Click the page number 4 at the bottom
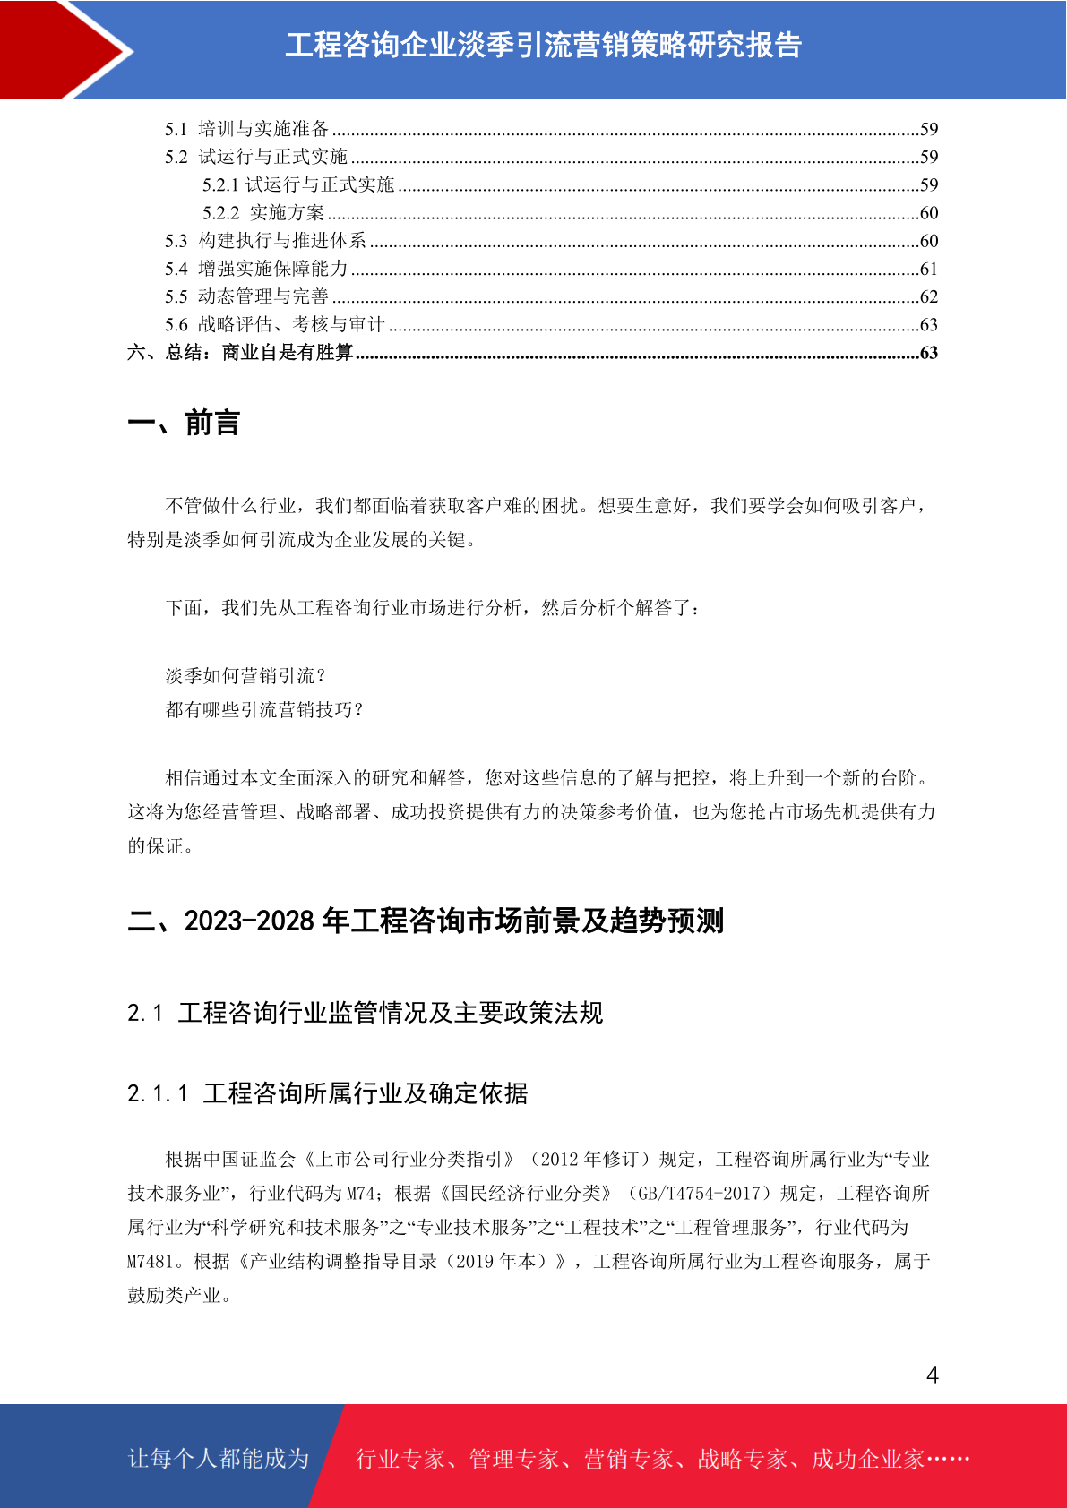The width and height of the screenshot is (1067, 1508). [x=932, y=1375]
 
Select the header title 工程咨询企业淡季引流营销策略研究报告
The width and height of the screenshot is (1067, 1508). [x=543, y=46]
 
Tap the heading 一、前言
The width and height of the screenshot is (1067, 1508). [x=184, y=423]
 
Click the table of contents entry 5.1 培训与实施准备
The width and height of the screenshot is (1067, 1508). [x=247, y=129]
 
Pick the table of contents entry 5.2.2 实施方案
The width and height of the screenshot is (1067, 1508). [x=263, y=213]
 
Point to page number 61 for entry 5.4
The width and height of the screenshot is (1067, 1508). [x=929, y=269]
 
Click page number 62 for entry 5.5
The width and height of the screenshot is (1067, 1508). [x=929, y=296]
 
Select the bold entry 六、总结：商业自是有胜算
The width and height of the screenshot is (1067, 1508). [x=240, y=353]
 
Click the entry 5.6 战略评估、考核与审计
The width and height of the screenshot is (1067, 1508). [x=274, y=324]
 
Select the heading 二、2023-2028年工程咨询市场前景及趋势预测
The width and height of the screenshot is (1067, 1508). [x=426, y=921]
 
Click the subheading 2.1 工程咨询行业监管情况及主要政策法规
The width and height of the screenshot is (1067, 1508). [x=365, y=1013]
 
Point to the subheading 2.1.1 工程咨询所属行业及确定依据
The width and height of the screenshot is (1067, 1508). [x=328, y=1093]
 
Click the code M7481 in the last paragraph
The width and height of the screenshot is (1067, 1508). [x=151, y=1262]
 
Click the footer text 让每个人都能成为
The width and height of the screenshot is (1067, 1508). [x=219, y=1459]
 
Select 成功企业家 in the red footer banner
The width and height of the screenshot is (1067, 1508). [x=867, y=1460]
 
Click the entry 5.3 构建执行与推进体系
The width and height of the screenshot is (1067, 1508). [x=265, y=241]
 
